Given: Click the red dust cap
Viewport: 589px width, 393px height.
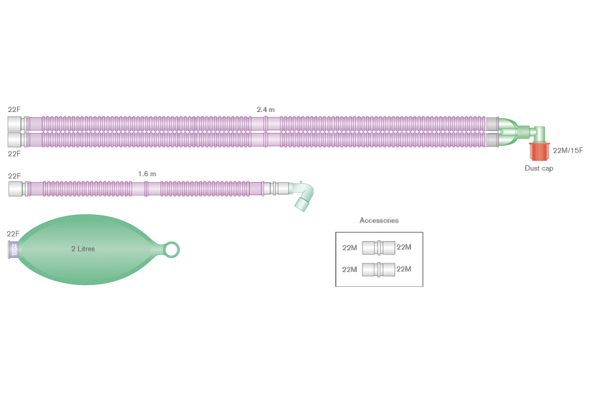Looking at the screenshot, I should pyautogui.click(x=540, y=151).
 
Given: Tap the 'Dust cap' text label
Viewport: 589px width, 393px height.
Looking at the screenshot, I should pyautogui.click(x=539, y=168).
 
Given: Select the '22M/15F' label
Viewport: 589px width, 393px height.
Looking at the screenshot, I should pyautogui.click(x=567, y=151).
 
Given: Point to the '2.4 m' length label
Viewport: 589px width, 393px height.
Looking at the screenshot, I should pyautogui.click(x=266, y=109).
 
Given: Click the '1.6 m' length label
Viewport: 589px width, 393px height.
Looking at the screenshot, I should pyautogui.click(x=147, y=174).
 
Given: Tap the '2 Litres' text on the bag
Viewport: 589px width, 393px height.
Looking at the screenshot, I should pyautogui.click(x=83, y=249).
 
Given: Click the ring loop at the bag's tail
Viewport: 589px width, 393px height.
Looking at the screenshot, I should pyautogui.click(x=171, y=250).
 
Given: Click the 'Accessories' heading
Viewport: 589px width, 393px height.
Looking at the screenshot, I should pyautogui.click(x=379, y=221).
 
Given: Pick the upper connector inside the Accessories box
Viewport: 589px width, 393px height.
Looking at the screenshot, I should pyautogui.click(x=378, y=248).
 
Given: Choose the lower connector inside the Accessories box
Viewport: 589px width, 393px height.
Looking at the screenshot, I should pyautogui.click(x=378, y=269).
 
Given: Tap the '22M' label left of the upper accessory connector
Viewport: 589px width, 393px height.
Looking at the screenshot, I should pyautogui.click(x=349, y=248).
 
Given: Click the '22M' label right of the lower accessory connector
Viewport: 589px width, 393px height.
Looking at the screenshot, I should pyautogui.click(x=404, y=269).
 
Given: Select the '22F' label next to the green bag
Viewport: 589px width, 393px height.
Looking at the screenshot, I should pyautogui.click(x=13, y=234).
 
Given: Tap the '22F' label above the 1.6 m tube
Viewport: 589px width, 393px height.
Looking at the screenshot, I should pyautogui.click(x=14, y=176).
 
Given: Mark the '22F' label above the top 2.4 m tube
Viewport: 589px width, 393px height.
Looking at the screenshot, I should pyautogui.click(x=14, y=109).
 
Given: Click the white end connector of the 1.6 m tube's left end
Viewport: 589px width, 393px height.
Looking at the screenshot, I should pyautogui.click(x=18, y=189).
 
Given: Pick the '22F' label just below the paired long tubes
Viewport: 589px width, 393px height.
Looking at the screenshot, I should pyautogui.click(x=14, y=154).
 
